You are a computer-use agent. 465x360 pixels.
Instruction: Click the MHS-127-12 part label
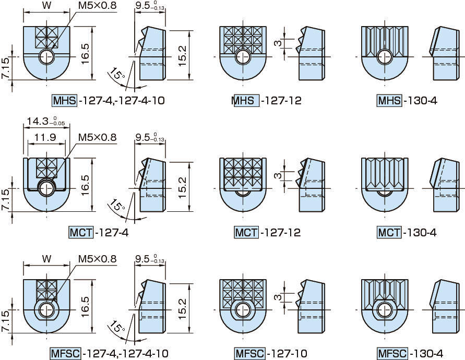pos(266,101)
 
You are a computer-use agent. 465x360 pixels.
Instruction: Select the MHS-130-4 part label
pos(407,101)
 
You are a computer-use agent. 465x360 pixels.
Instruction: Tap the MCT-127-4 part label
pos(99,232)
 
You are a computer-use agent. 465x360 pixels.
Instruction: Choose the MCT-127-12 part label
pos(267,232)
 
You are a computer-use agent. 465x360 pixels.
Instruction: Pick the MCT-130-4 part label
pos(407,232)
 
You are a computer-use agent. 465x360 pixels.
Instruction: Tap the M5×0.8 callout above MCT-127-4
pos(98,138)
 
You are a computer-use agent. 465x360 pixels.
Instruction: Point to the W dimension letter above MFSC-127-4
pos(46,259)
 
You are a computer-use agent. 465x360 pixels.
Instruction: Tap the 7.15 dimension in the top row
pos(5,68)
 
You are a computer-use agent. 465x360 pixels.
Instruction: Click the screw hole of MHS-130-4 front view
pos(385,56)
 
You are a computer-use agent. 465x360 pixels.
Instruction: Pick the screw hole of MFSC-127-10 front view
pos(242,310)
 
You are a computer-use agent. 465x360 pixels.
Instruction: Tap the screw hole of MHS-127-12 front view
pos(242,56)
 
